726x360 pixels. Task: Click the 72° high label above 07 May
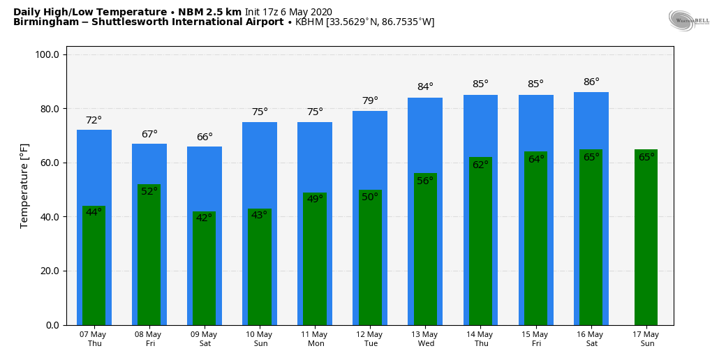point(94,121)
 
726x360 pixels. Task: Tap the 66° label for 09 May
point(205,137)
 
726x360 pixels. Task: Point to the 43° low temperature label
point(259,215)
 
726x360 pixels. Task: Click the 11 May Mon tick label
point(314,339)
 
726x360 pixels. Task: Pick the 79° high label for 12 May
point(370,101)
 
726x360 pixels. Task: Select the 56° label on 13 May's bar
point(425,181)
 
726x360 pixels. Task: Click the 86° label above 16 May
point(591,82)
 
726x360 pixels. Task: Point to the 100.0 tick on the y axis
point(51,54)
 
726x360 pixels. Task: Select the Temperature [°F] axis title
point(24,186)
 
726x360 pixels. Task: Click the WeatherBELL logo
point(688,20)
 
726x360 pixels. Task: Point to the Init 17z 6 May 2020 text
point(288,12)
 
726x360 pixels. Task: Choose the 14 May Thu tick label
point(480,339)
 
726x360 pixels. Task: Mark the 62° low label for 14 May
point(480,165)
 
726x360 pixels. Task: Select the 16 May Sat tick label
point(591,339)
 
